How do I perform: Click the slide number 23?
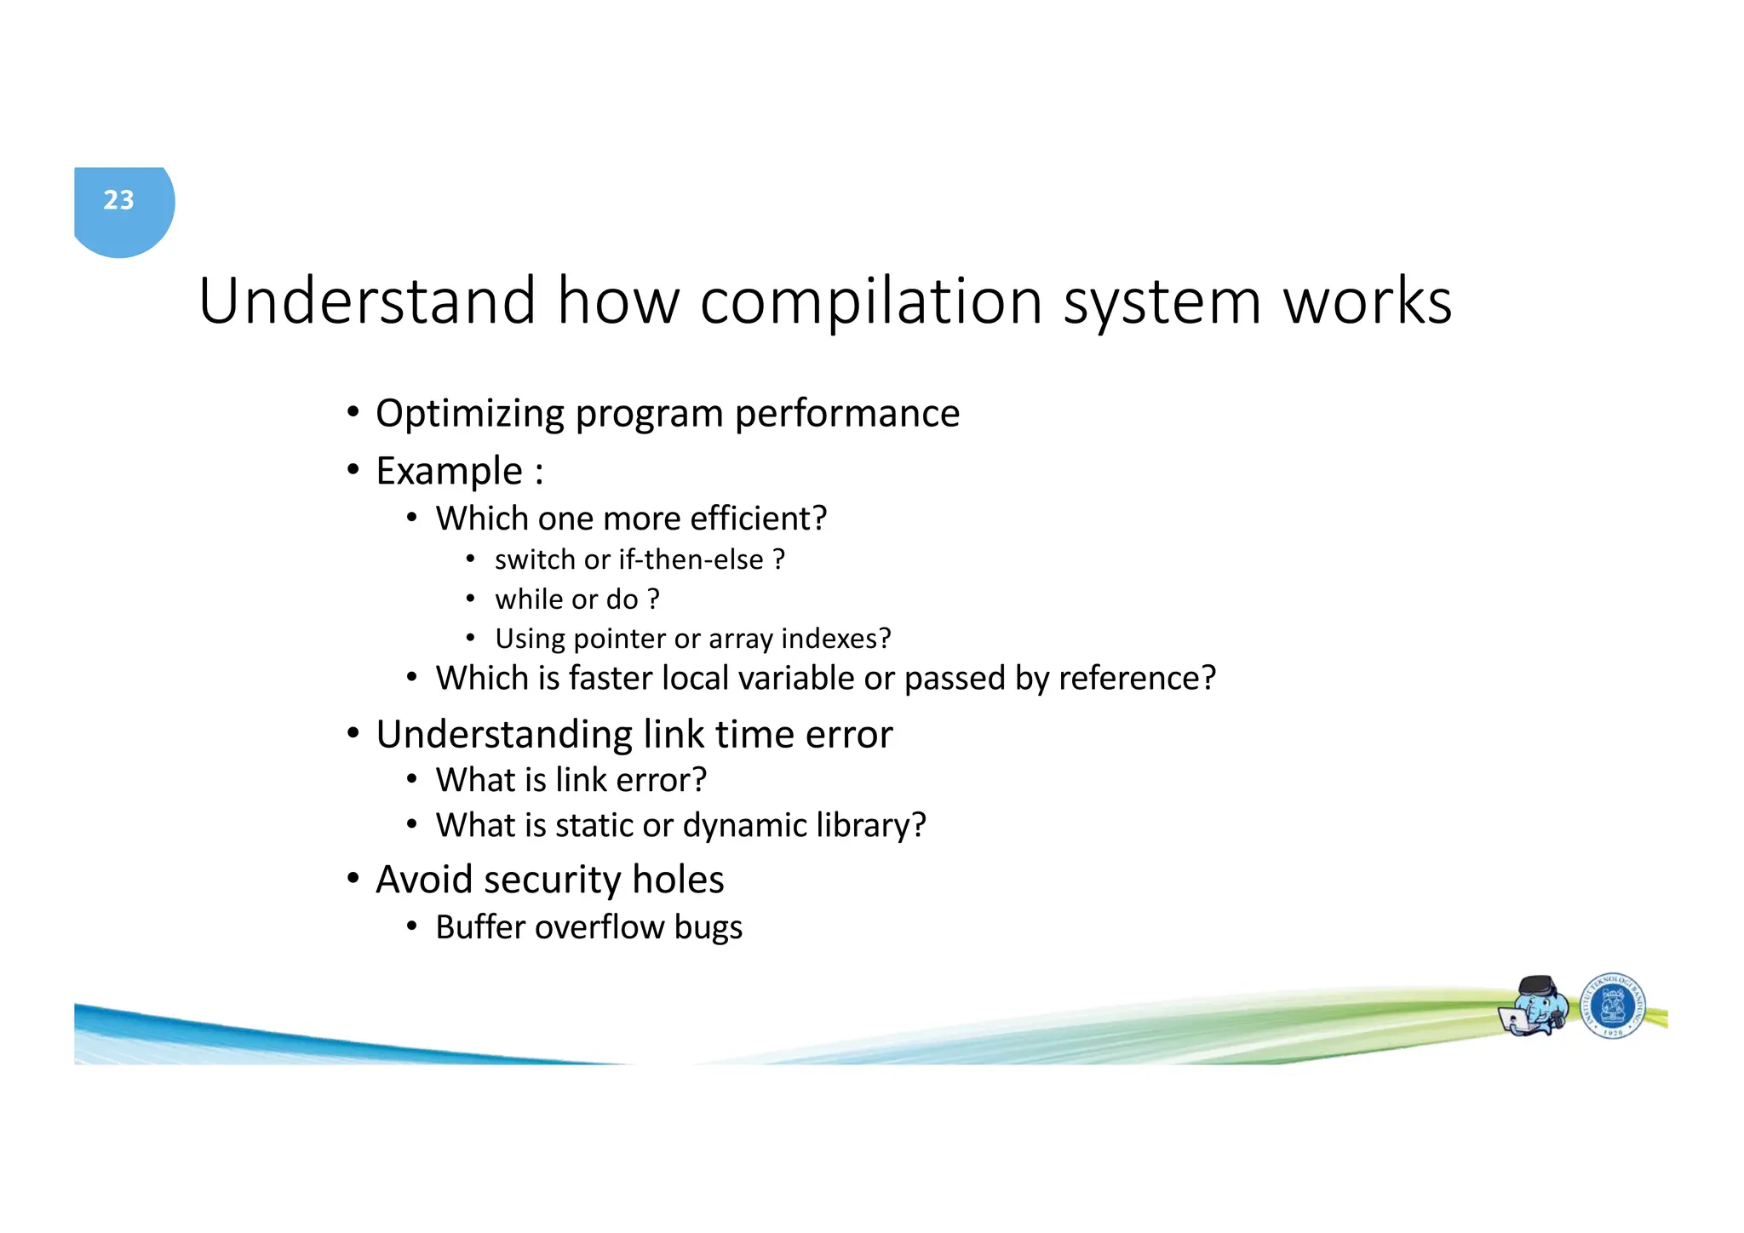[118, 200]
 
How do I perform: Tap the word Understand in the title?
[367, 301]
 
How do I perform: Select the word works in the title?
[1367, 301]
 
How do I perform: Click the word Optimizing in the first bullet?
[469, 414]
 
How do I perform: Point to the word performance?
[846, 414]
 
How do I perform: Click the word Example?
[449, 471]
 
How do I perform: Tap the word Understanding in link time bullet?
[504, 735]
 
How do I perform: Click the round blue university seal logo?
[1612, 1006]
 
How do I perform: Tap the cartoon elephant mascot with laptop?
[1535, 1006]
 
